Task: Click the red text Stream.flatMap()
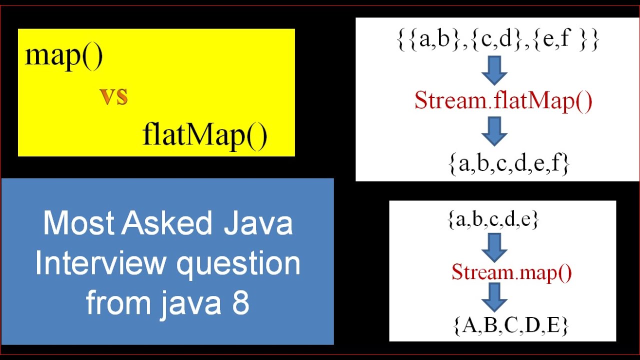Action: [503, 101]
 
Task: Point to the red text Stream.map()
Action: [511, 272]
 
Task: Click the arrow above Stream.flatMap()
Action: [494, 71]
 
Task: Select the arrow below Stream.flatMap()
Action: [494, 131]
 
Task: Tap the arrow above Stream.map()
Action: [494, 246]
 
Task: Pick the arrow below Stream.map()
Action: [494, 297]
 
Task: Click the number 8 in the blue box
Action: [240, 303]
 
